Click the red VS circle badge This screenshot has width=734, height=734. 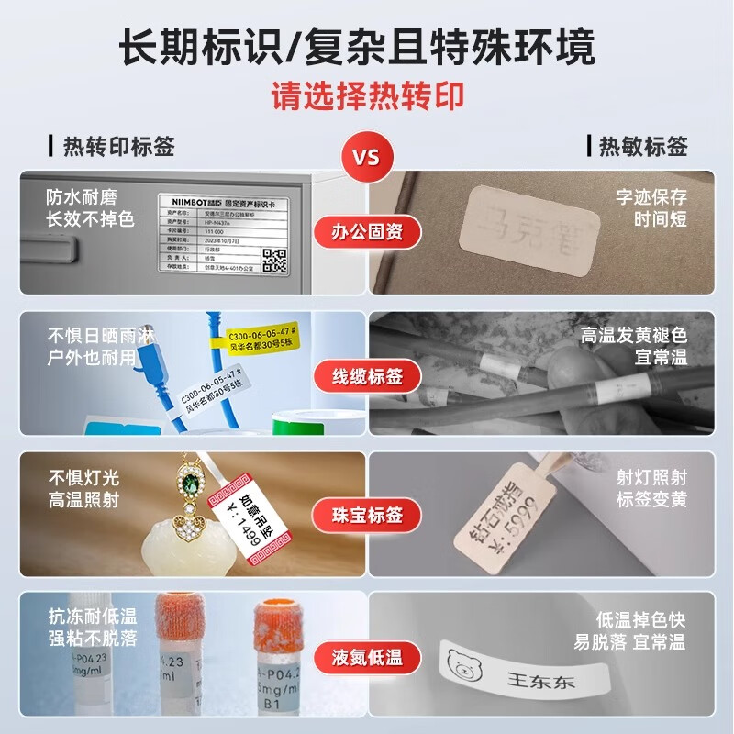366,157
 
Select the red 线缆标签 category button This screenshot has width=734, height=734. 366,375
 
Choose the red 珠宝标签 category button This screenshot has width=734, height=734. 366,515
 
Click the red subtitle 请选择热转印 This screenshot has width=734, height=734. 366,95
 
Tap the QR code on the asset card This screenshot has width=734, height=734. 275,260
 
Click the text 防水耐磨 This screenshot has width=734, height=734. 82,196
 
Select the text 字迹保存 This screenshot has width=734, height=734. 651,196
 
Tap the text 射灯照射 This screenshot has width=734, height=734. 651,477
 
